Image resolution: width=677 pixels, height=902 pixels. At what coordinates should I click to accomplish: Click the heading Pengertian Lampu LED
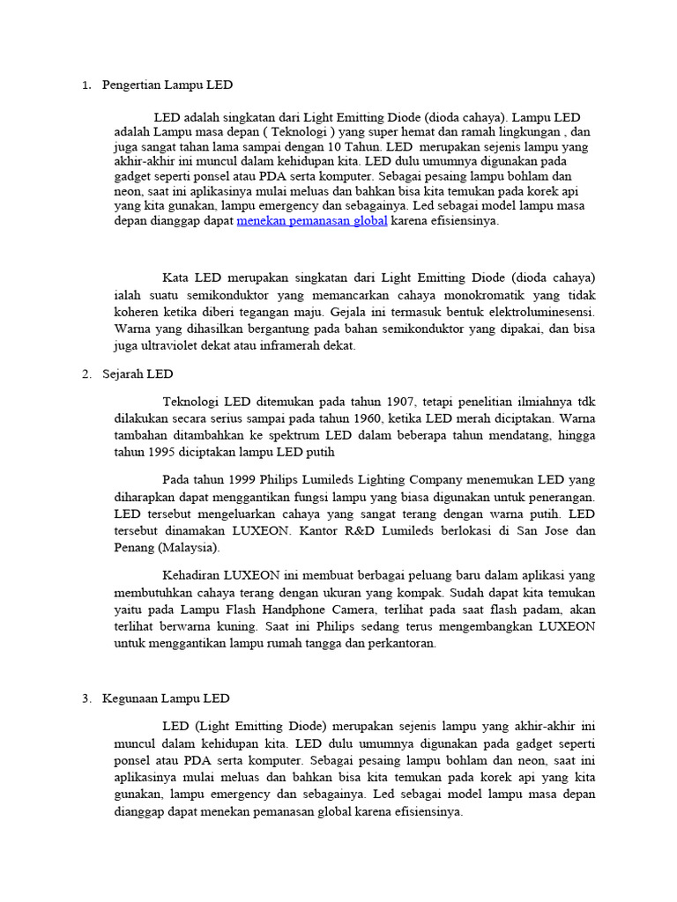(x=167, y=85)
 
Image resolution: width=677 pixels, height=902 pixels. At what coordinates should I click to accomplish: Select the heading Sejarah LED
(x=138, y=373)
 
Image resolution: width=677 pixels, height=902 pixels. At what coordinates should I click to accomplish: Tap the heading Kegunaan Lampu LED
(x=166, y=699)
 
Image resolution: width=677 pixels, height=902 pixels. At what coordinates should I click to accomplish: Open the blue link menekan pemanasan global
(x=312, y=221)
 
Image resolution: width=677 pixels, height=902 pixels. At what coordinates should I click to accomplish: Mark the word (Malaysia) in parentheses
(x=190, y=547)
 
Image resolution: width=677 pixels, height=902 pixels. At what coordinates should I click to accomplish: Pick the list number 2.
(x=86, y=373)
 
